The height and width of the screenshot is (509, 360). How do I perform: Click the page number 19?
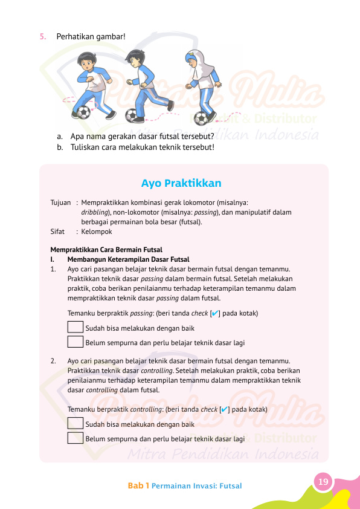tap(323, 482)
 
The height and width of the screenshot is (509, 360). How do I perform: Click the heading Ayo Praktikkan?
tap(181, 183)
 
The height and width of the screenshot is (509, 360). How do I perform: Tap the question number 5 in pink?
tap(42, 36)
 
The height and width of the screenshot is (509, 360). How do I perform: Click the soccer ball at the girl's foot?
tap(208, 117)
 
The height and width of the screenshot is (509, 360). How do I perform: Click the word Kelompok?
tap(96, 231)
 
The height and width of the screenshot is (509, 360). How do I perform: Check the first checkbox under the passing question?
tap(76, 328)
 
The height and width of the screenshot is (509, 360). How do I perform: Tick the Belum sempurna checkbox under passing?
tap(76, 342)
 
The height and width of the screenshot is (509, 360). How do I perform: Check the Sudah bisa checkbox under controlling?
tap(76, 424)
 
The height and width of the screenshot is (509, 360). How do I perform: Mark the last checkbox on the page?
tap(76, 438)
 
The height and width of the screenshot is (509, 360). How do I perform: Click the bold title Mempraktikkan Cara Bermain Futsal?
tap(106, 250)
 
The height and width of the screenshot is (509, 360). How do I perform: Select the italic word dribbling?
tap(95, 213)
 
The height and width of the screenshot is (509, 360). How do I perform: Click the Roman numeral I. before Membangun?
tap(53, 259)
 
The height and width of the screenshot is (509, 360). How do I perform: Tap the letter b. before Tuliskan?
tap(60, 147)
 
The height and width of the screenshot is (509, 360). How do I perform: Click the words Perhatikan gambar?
tap(91, 36)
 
